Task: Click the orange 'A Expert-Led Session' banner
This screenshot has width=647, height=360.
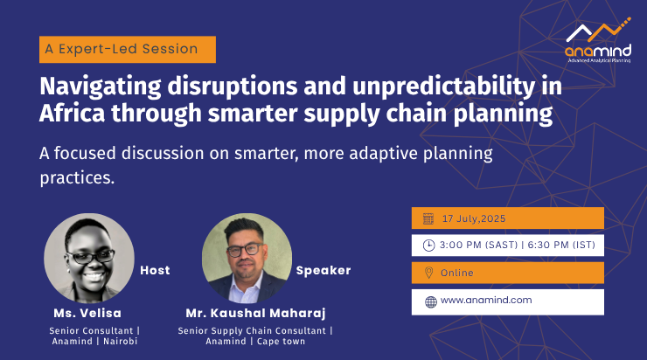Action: click(128, 50)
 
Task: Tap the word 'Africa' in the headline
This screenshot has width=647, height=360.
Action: click(73, 113)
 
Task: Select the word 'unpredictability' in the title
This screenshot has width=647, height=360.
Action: click(443, 87)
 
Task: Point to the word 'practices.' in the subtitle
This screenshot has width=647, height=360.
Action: click(77, 177)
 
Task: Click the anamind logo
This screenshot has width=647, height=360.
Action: click(598, 40)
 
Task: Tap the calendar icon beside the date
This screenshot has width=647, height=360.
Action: click(428, 218)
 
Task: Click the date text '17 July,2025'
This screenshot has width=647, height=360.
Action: click(474, 218)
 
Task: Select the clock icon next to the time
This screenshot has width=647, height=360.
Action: click(428, 246)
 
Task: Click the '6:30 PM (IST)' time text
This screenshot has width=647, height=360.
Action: click(561, 245)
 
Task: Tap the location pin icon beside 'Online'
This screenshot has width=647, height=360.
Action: click(428, 273)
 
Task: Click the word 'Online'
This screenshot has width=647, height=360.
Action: click(456, 273)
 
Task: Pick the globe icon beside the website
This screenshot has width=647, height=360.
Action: click(431, 302)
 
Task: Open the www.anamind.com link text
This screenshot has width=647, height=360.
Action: click(486, 301)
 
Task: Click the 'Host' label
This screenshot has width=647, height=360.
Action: click(155, 270)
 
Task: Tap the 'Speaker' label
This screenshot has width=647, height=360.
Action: click(323, 270)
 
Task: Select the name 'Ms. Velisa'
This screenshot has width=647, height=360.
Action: click(87, 313)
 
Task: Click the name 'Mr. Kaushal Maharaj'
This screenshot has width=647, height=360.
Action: click(255, 313)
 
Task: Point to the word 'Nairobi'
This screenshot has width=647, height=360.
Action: click(120, 341)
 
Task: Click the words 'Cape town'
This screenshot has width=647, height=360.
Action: click(281, 342)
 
